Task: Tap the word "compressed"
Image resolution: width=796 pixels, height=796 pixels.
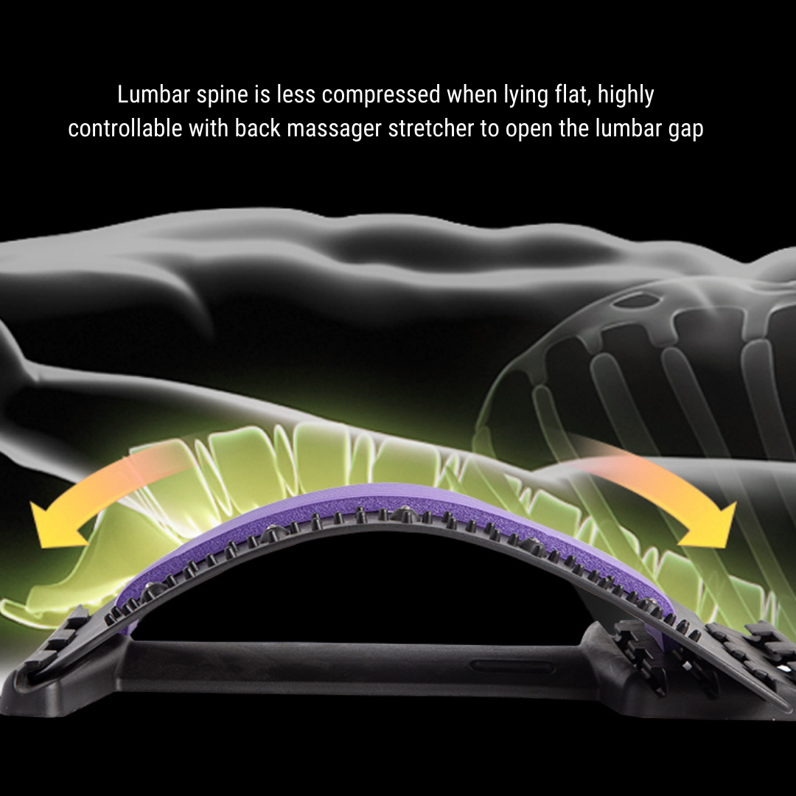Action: pyautogui.click(x=381, y=95)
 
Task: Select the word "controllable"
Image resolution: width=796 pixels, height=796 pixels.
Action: pyautogui.click(x=125, y=128)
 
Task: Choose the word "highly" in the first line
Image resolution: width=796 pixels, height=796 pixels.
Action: pyautogui.click(x=626, y=95)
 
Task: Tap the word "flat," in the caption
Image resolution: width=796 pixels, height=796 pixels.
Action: pyautogui.click(x=570, y=94)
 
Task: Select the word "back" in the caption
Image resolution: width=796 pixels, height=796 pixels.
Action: pyautogui.click(x=257, y=128)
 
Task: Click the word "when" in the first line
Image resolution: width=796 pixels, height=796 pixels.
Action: pyautogui.click(x=471, y=94)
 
